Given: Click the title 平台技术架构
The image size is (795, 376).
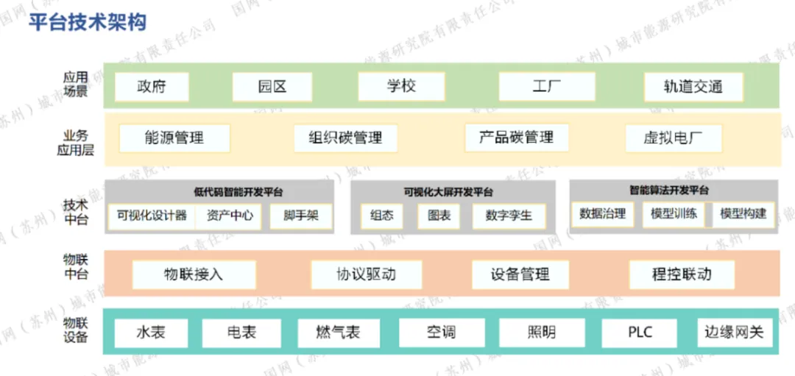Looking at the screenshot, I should (x=88, y=22).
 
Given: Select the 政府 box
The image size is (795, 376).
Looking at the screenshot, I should (x=152, y=87).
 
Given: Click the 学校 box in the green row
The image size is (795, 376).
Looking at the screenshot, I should (x=401, y=86).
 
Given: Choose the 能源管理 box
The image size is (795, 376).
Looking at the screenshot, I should (x=174, y=138).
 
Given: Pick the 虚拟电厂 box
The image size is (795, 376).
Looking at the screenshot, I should (x=673, y=138).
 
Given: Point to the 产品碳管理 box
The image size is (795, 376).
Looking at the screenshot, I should (x=516, y=138).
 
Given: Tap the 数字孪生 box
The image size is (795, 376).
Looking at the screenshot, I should (x=508, y=216).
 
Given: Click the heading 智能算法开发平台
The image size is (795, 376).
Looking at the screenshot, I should (x=669, y=191).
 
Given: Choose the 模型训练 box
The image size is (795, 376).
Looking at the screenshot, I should (x=674, y=214).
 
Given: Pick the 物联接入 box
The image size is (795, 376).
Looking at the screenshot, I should (x=194, y=274).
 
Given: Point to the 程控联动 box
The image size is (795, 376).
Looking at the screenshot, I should (x=682, y=274).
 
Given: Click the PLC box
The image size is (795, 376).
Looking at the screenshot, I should (x=640, y=333).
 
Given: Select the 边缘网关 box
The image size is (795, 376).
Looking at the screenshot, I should (x=733, y=333).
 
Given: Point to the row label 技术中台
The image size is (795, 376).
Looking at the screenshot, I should (x=76, y=211).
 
